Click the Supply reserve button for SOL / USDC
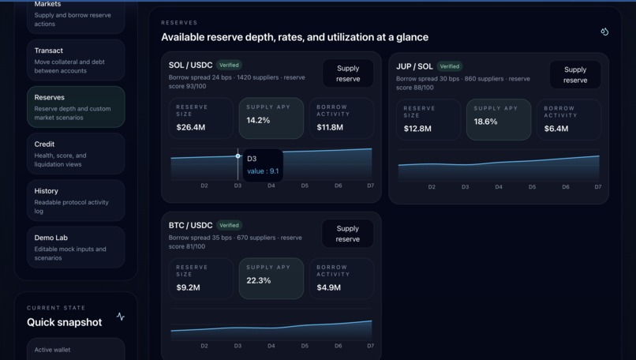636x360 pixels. [348, 73]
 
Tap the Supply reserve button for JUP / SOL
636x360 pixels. [575, 75]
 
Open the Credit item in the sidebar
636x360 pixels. [76, 153]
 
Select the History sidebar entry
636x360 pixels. [76, 200]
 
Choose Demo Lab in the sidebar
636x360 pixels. [76, 246]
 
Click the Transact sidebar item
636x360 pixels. [76, 60]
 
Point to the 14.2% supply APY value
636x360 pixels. [258, 121]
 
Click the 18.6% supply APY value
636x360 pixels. [485, 122]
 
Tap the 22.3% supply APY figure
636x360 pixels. [258, 281]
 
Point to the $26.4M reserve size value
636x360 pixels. [191, 127]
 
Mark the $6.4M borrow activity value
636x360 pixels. [556, 129]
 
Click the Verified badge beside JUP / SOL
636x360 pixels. [450, 66]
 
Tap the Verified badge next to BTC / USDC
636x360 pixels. [229, 225]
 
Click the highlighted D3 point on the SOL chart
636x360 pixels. [238, 156]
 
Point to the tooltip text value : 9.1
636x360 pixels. [263, 171]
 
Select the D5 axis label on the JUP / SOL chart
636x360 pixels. [532, 187]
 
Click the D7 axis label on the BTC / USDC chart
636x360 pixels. [371, 346]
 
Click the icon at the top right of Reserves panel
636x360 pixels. [604, 32]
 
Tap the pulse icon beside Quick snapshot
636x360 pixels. [121, 317]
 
